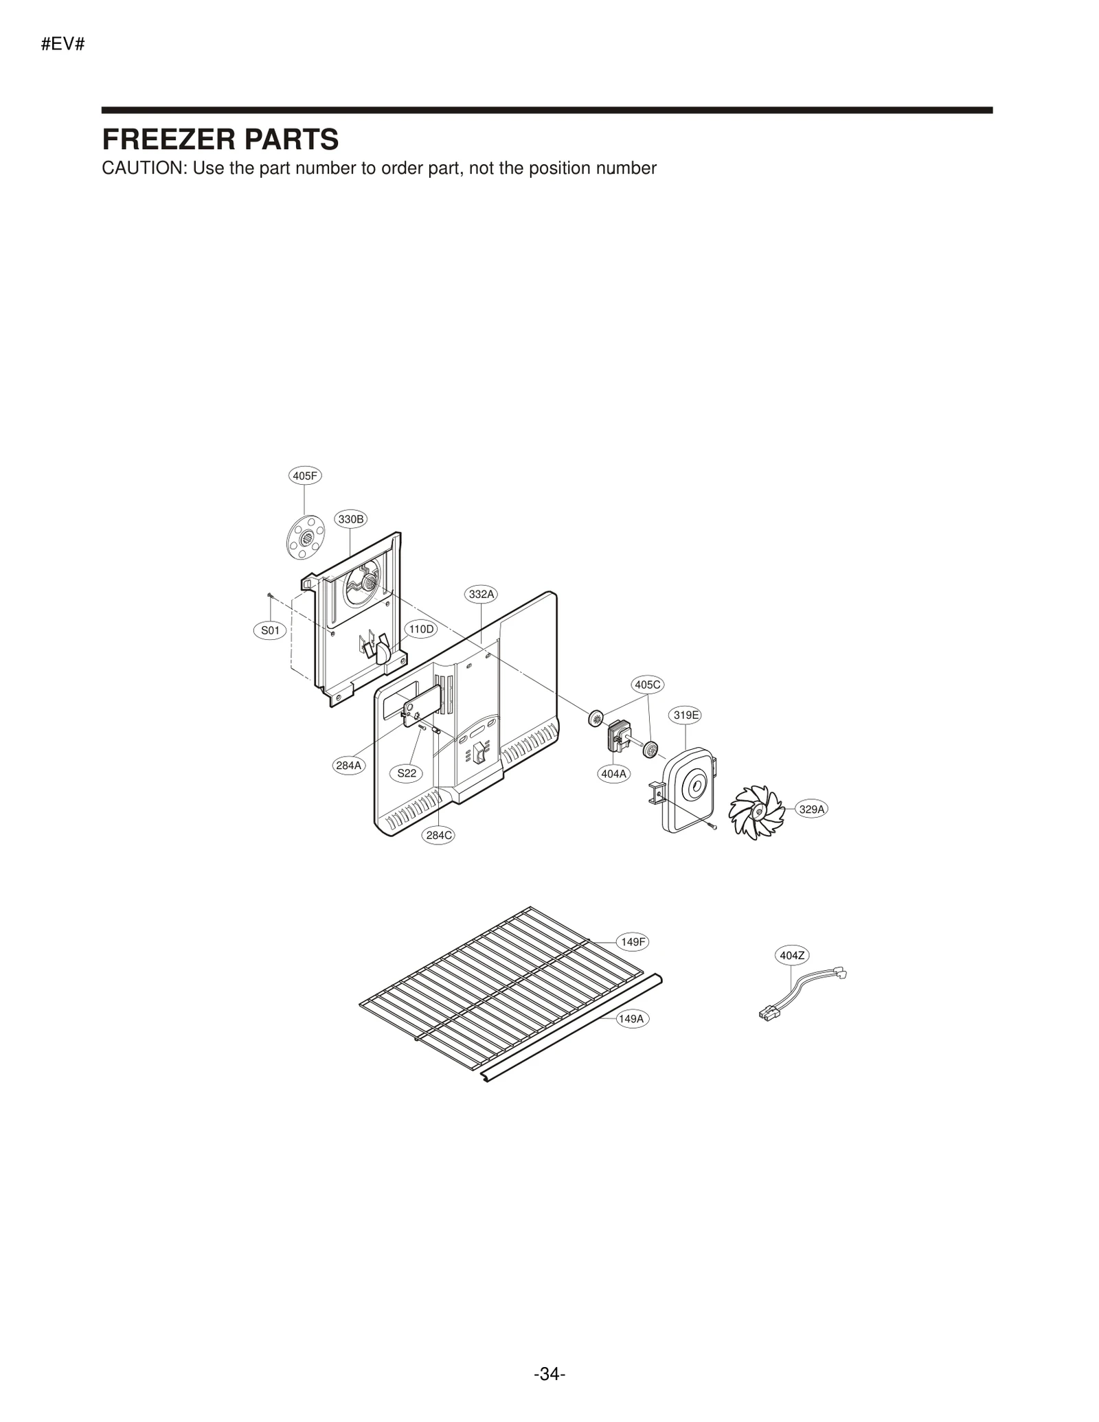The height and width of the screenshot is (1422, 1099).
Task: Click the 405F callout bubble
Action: tap(304, 476)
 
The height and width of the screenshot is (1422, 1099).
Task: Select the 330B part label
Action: tap(351, 519)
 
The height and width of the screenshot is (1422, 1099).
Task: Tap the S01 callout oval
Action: tap(270, 630)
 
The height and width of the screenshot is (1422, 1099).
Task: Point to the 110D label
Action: tap(420, 629)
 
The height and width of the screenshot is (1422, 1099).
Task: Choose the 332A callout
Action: tap(481, 594)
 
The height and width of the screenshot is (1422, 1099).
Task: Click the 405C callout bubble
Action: tap(648, 685)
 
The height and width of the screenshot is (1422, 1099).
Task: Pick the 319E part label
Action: tap(686, 715)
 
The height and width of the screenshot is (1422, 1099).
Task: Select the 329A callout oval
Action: tap(811, 810)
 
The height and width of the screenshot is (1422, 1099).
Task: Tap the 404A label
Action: tap(614, 774)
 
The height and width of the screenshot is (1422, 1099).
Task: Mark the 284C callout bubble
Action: tap(439, 836)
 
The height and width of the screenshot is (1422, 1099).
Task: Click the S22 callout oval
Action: tap(407, 773)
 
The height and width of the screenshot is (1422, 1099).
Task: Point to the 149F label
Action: tap(633, 942)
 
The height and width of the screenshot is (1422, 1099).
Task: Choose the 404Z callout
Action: tap(793, 955)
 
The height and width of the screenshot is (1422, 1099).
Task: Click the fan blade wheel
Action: tap(756, 813)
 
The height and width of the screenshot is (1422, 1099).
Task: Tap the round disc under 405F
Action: tap(306, 537)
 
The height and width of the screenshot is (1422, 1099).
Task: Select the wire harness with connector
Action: tap(802, 994)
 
